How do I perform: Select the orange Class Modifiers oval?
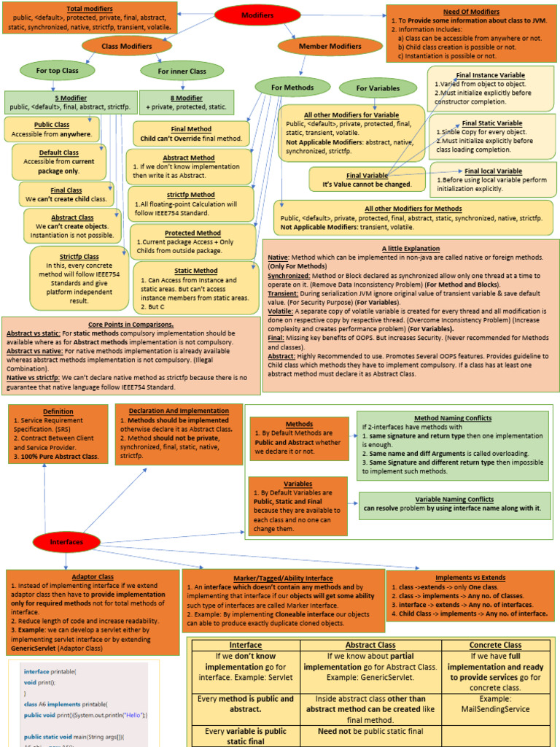[x=126, y=46]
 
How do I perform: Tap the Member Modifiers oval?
[x=330, y=46]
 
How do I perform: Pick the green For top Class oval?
[x=58, y=71]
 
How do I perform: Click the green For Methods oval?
[x=292, y=88]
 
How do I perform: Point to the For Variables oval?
[x=378, y=88]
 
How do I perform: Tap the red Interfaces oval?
[x=66, y=543]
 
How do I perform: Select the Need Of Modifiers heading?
[x=471, y=12]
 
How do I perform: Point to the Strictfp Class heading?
[x=79, y=256]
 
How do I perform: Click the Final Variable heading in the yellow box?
[x=367, y=175]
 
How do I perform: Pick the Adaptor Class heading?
[x=93, y=576]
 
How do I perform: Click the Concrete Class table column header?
[x=495, y=645]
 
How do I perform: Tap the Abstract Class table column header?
[x=370, y=645]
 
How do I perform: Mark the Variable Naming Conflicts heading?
[x=454, y=499]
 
